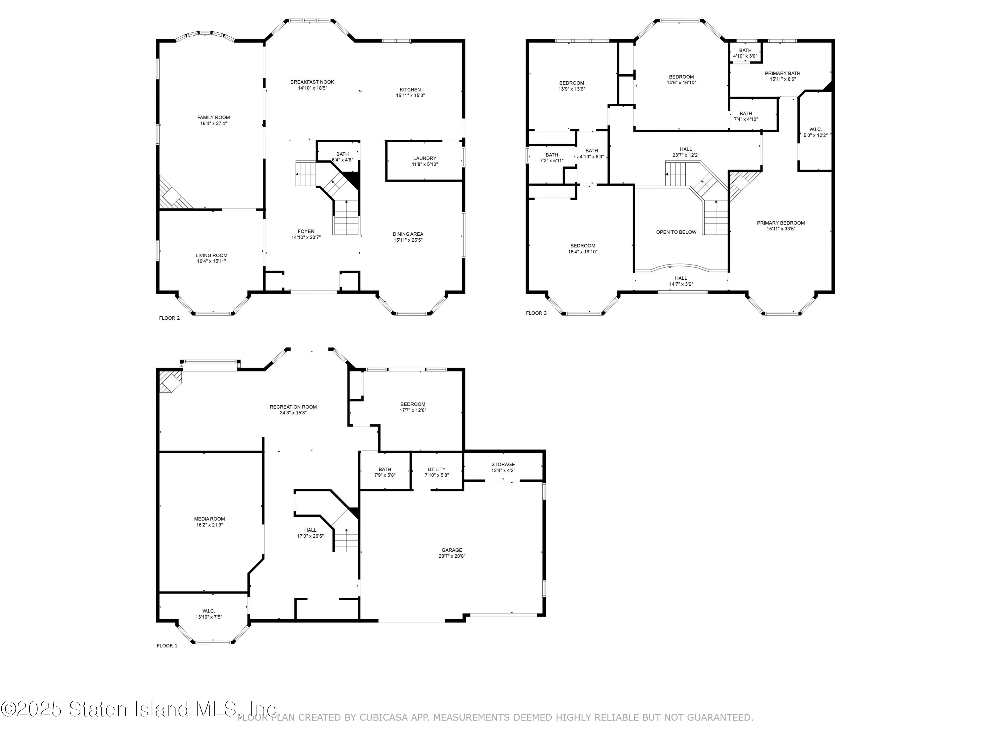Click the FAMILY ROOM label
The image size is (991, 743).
coord(213,117)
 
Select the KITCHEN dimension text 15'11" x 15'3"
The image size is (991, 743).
coord(410,95)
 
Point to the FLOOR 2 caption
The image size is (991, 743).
coord(169,318)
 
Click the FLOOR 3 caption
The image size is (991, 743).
coord(536,313)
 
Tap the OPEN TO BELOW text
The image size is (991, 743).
coord(676,232)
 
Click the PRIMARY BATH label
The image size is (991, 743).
coord(782,73)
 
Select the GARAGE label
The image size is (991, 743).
coord(452,550)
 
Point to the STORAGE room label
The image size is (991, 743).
coord(503,464)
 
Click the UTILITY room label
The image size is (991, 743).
coord(436,469)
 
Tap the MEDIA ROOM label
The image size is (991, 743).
coord(209,519)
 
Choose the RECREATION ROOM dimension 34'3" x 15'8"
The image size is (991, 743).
coord(293,413)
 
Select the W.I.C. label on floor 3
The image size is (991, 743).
coord(815,129)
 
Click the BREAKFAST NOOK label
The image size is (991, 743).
coord(312,82)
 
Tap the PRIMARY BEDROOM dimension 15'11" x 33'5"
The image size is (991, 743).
coord(781,229)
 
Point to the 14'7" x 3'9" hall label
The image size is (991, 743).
coord(681,284)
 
